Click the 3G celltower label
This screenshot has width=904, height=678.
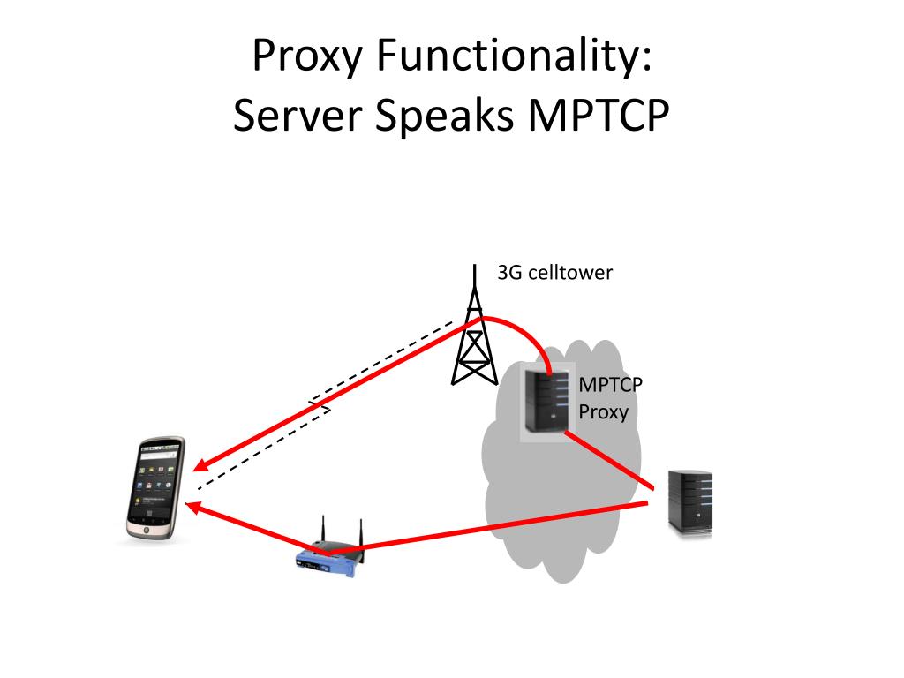[x=554, y=273]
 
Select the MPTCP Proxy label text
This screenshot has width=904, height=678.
[x=610, y=398]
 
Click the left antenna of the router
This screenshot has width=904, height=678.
[x=322, y=531]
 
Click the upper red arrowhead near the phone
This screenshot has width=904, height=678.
[x=200, y=465]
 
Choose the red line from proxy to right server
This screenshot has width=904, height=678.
[x=609, y=460]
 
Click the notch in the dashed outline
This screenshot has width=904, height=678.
[x=322, y=408]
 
